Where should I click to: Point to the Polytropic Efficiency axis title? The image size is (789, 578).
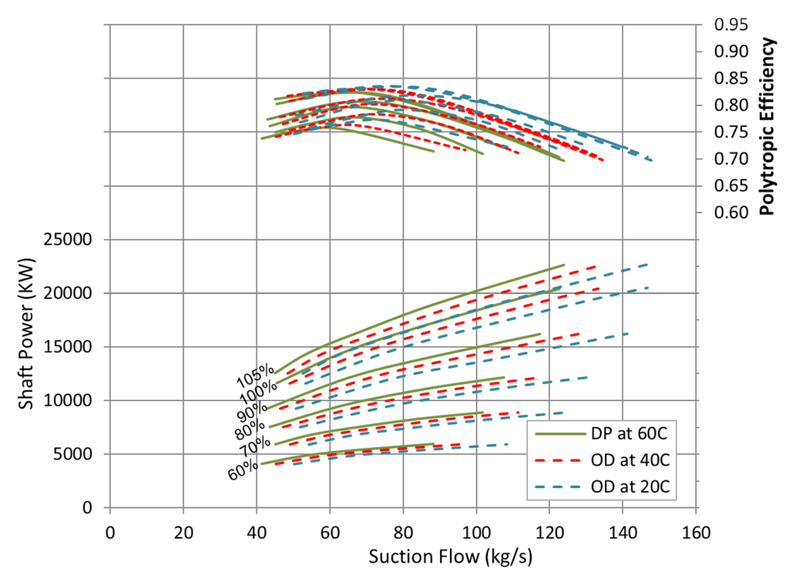point(768,128)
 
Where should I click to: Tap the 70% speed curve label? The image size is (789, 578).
point(255,446)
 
